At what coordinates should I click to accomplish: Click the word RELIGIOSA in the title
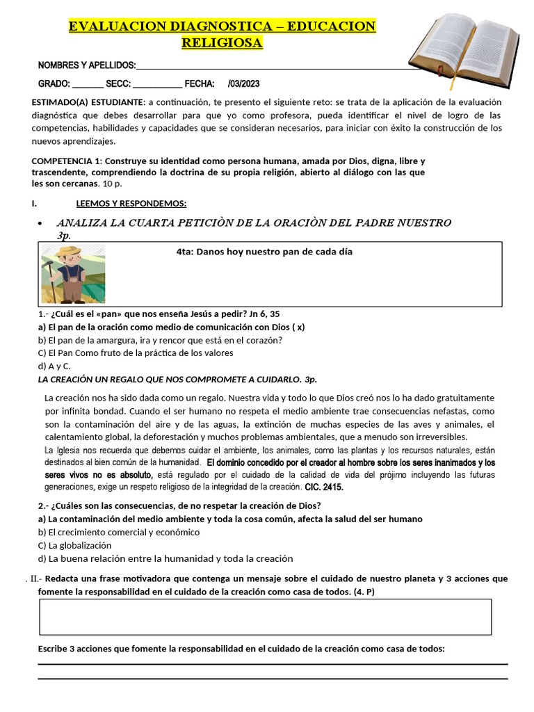(222, 43)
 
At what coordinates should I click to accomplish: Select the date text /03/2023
(243, 83)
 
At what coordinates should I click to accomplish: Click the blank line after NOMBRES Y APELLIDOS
(278, 66)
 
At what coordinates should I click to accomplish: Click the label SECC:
(119, 83)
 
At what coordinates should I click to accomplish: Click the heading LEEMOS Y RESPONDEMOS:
(131, 203)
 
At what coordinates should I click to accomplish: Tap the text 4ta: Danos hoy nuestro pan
(264, 252)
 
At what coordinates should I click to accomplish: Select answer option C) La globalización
(74, 545)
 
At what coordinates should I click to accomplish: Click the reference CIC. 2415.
(324, 487)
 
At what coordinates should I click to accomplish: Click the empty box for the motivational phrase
(265, 617)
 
